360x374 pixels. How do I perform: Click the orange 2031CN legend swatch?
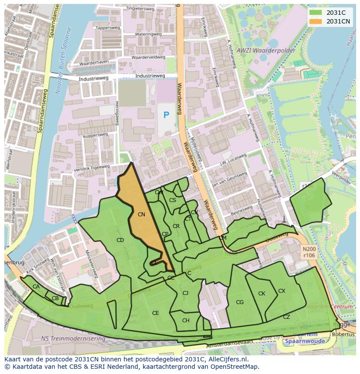(x=316, y=21)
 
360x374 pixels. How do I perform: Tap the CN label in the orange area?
(x=141, y=214)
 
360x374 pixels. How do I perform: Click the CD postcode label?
(x=120, y=240)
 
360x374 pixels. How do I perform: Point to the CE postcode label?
(x=155, y=313)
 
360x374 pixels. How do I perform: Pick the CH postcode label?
(x=186, y=321)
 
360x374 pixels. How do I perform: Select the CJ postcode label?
(x=185, y=293)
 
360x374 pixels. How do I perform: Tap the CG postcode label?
(x=240, y=302)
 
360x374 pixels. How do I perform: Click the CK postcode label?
(x=261, y=293)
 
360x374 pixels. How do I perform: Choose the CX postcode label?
(x=282, y=291)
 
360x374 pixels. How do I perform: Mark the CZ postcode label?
(x=286, y=317)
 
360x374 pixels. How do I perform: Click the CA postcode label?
(x=36, y=286)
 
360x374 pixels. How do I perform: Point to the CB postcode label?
(x=55, y=298)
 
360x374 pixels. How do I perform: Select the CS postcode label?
(x=173, y=200)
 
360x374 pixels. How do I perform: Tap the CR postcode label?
(x=176, y=226)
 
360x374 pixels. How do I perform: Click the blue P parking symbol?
(x=166, y=115)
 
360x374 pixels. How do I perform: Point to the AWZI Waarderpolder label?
(x=266, y=50)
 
